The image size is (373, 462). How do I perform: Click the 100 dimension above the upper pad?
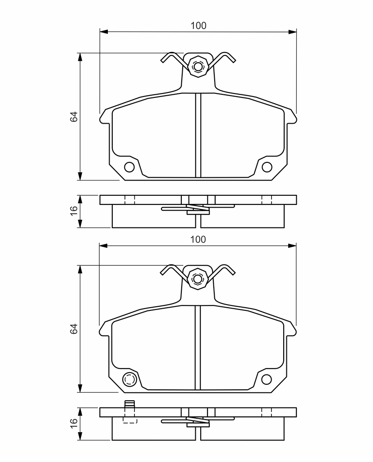pyautogui.click(x=198, y=26)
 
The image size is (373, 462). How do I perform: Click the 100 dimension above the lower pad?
pyautogui.click(x=198, y=240)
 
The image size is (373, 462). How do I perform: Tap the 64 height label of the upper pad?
pyautogui.click(x=74, y=117)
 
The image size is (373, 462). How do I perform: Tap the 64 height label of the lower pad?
pyautogui.click(x=74, y=328)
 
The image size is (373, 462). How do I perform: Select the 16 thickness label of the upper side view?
pyautogui.click(x=74, y=211)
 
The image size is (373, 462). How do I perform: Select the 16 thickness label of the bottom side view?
pyautogui.click(x=74, y=423)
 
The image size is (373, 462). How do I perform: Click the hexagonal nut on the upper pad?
pyautogui.click(x=198, y=66)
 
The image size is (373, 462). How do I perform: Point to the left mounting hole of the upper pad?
pyautogui.click(x=129, y=167)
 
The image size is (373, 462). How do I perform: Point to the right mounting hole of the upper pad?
pyautogui.click(x=267, y=167)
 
